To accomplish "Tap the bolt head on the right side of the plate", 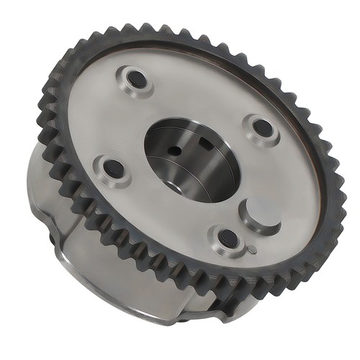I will tap(262, 128).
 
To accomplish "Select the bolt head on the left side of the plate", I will tap(114, 169).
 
